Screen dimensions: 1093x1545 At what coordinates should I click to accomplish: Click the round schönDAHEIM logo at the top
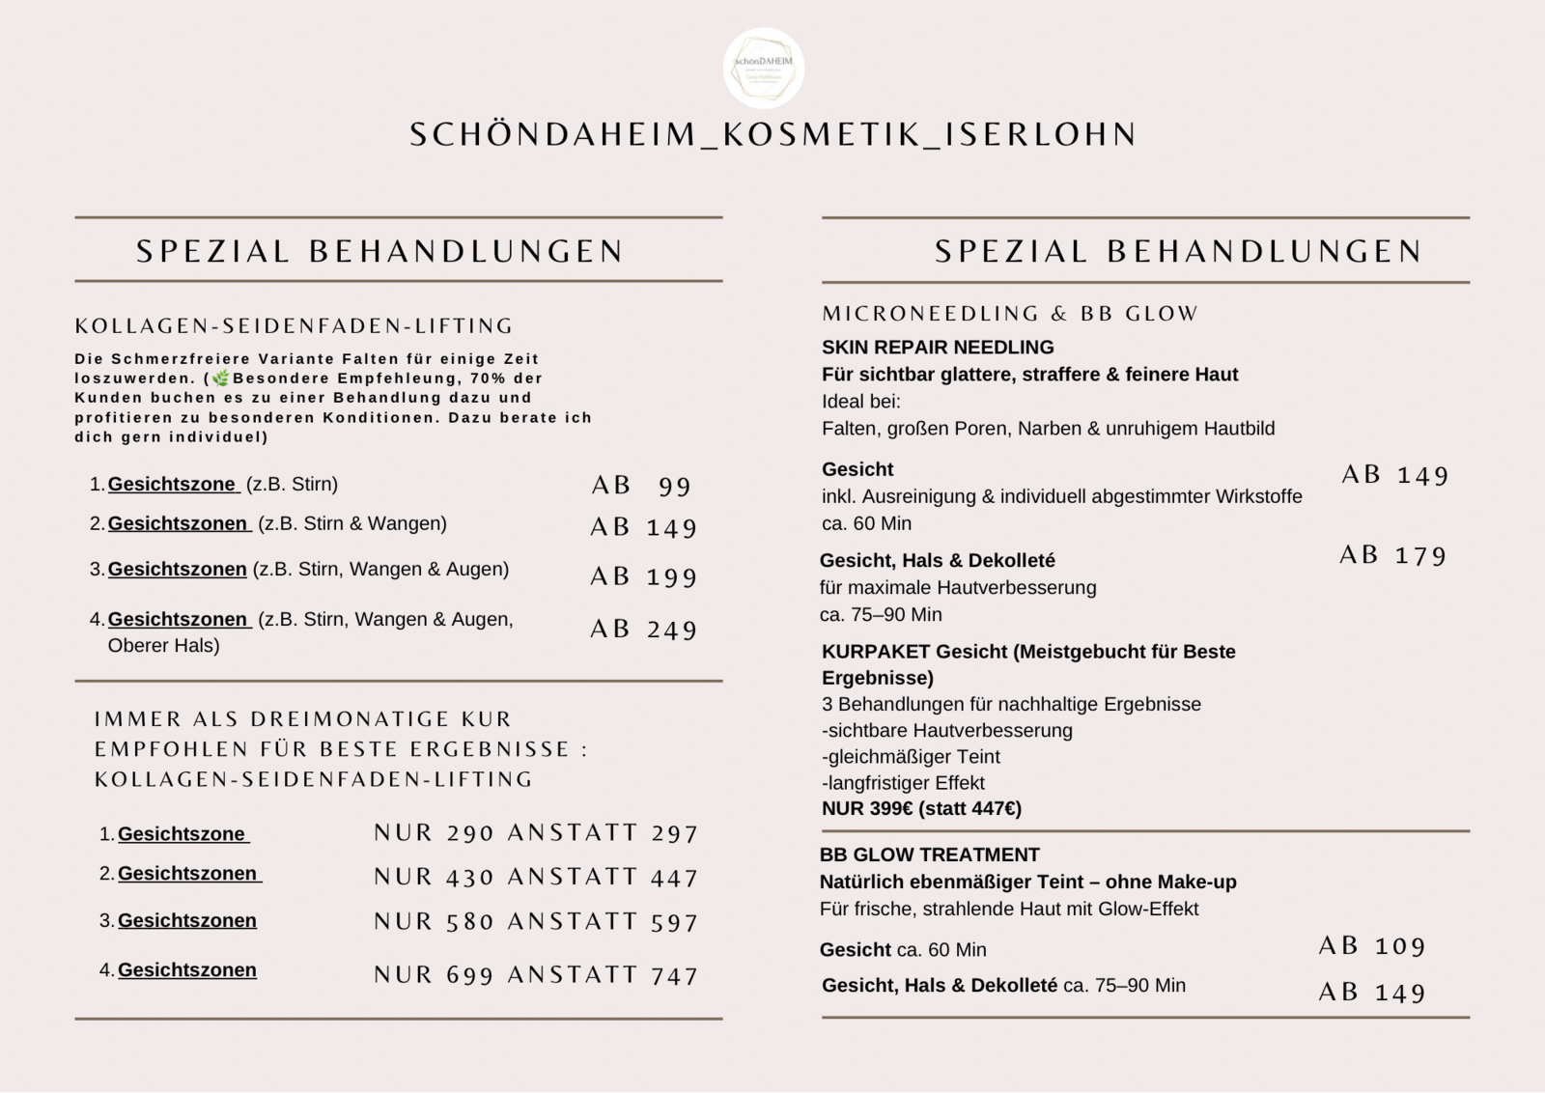tap(763, 68)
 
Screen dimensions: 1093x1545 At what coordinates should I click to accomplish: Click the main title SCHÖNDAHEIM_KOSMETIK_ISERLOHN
tap(772, 134)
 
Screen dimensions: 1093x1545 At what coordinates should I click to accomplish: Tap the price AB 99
tap(642, 486)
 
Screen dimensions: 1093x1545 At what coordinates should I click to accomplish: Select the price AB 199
tap(643, 576)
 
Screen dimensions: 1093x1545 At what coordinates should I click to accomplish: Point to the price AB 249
tap(643, 630)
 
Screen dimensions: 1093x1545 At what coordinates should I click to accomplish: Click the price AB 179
tap(1393, 555)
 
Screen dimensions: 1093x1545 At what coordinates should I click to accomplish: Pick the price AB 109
tap(1372, 946)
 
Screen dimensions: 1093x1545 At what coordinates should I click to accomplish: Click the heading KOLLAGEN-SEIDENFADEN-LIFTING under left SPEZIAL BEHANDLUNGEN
tap(295, 326)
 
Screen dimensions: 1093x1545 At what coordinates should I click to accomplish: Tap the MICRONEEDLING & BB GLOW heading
tap(1010, 314)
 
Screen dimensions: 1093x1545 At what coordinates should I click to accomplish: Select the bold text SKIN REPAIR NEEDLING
tap(938, 348)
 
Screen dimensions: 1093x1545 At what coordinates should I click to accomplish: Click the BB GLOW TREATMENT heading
tap(929, 855)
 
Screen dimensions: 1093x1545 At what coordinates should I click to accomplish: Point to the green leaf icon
tap(221, 378)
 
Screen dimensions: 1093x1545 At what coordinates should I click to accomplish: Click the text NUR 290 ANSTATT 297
tap(536, 833)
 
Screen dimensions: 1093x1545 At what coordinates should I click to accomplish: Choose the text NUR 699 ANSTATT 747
tap(536, 975)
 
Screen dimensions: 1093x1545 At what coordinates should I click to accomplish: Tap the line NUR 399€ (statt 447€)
tap(921, 809)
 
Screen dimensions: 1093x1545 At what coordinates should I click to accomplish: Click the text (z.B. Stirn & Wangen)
tap(352, 523)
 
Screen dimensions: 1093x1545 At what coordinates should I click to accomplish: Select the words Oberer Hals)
tap(163, 646)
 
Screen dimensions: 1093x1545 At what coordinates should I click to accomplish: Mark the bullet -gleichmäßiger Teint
tap(911, 757)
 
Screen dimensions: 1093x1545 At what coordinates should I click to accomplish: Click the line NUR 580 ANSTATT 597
tap(536, 922)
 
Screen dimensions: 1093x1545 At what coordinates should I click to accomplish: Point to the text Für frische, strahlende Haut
tap(1009, 910)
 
